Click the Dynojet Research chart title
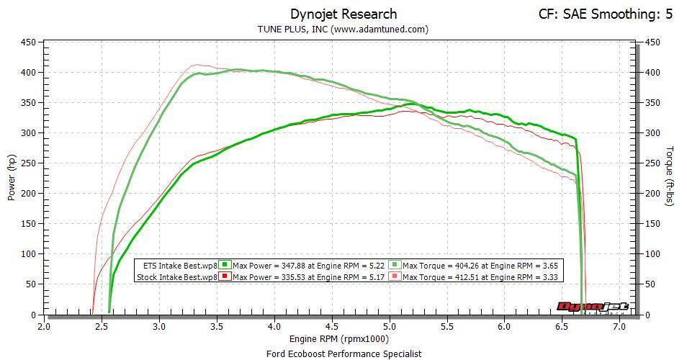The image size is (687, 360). point(343,14)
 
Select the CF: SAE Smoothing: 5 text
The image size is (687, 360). point(605,14)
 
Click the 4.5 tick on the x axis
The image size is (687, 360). point(332,326)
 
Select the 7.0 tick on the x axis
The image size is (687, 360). point(619,326)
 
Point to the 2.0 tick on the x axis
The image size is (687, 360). point(45,326)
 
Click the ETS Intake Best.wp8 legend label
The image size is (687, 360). point(180,264)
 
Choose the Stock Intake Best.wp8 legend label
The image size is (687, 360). point(176,276)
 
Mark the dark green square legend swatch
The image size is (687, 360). point(225,264)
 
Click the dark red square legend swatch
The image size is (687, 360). point(225,276)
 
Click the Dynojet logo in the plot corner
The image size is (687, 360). point(593,307)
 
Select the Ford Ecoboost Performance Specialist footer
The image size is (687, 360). point(343,354)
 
